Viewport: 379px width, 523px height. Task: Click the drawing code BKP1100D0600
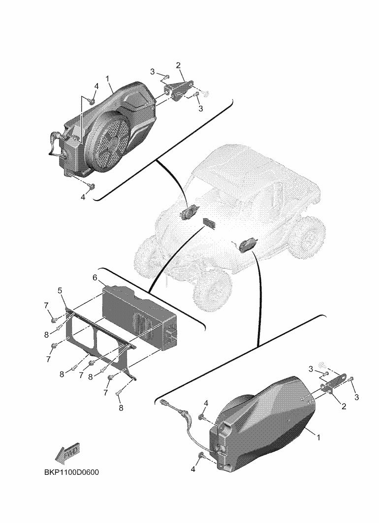click(71, 473)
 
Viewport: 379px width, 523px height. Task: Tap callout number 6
click(95, 278)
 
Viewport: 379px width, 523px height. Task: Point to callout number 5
click(60, 291)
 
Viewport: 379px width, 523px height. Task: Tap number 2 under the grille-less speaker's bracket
click(344, 406)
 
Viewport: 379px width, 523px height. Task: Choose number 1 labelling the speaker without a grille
click(318, 437)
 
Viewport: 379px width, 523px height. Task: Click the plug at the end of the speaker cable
click(164, 402)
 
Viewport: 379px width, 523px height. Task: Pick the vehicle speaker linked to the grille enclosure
click(189, 212)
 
